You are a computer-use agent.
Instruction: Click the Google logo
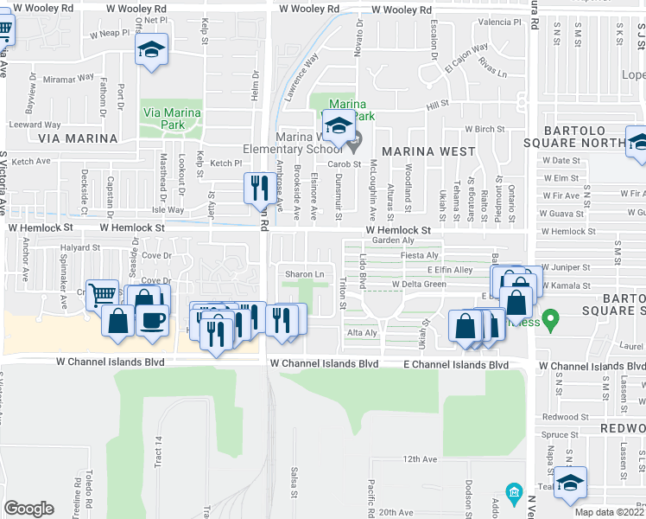(28, 509)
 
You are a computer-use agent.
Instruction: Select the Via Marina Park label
(172, 119)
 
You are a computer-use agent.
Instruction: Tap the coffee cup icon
(153, 319)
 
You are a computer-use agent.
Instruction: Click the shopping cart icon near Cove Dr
(103, 294)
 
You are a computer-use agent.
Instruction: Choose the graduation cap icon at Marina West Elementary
(339, 127)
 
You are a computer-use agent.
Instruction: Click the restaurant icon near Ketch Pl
(258, 187)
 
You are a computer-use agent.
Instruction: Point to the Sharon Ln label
(305, 274)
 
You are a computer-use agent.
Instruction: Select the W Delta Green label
(419, 284)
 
